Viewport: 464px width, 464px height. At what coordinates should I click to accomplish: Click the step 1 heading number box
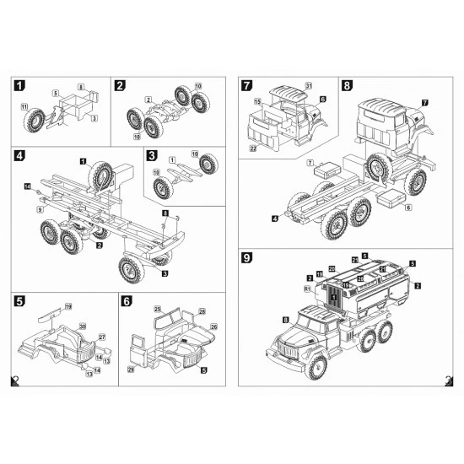(19, 86)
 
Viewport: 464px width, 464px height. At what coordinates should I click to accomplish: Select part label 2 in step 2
(148, 101)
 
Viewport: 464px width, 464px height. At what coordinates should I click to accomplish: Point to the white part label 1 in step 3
(171, 159)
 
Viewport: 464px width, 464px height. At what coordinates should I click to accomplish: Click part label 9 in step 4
(39, 207)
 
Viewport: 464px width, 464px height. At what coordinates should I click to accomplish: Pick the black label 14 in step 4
(27, 186)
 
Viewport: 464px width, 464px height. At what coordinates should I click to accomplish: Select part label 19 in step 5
(68, 305)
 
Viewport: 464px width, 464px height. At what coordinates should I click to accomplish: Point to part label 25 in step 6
(158, 310)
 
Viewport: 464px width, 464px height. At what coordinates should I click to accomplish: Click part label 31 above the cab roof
(308, 87)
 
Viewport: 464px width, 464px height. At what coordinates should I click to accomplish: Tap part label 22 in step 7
(253, 148)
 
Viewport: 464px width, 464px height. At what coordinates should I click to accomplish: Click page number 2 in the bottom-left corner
(14, 381)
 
